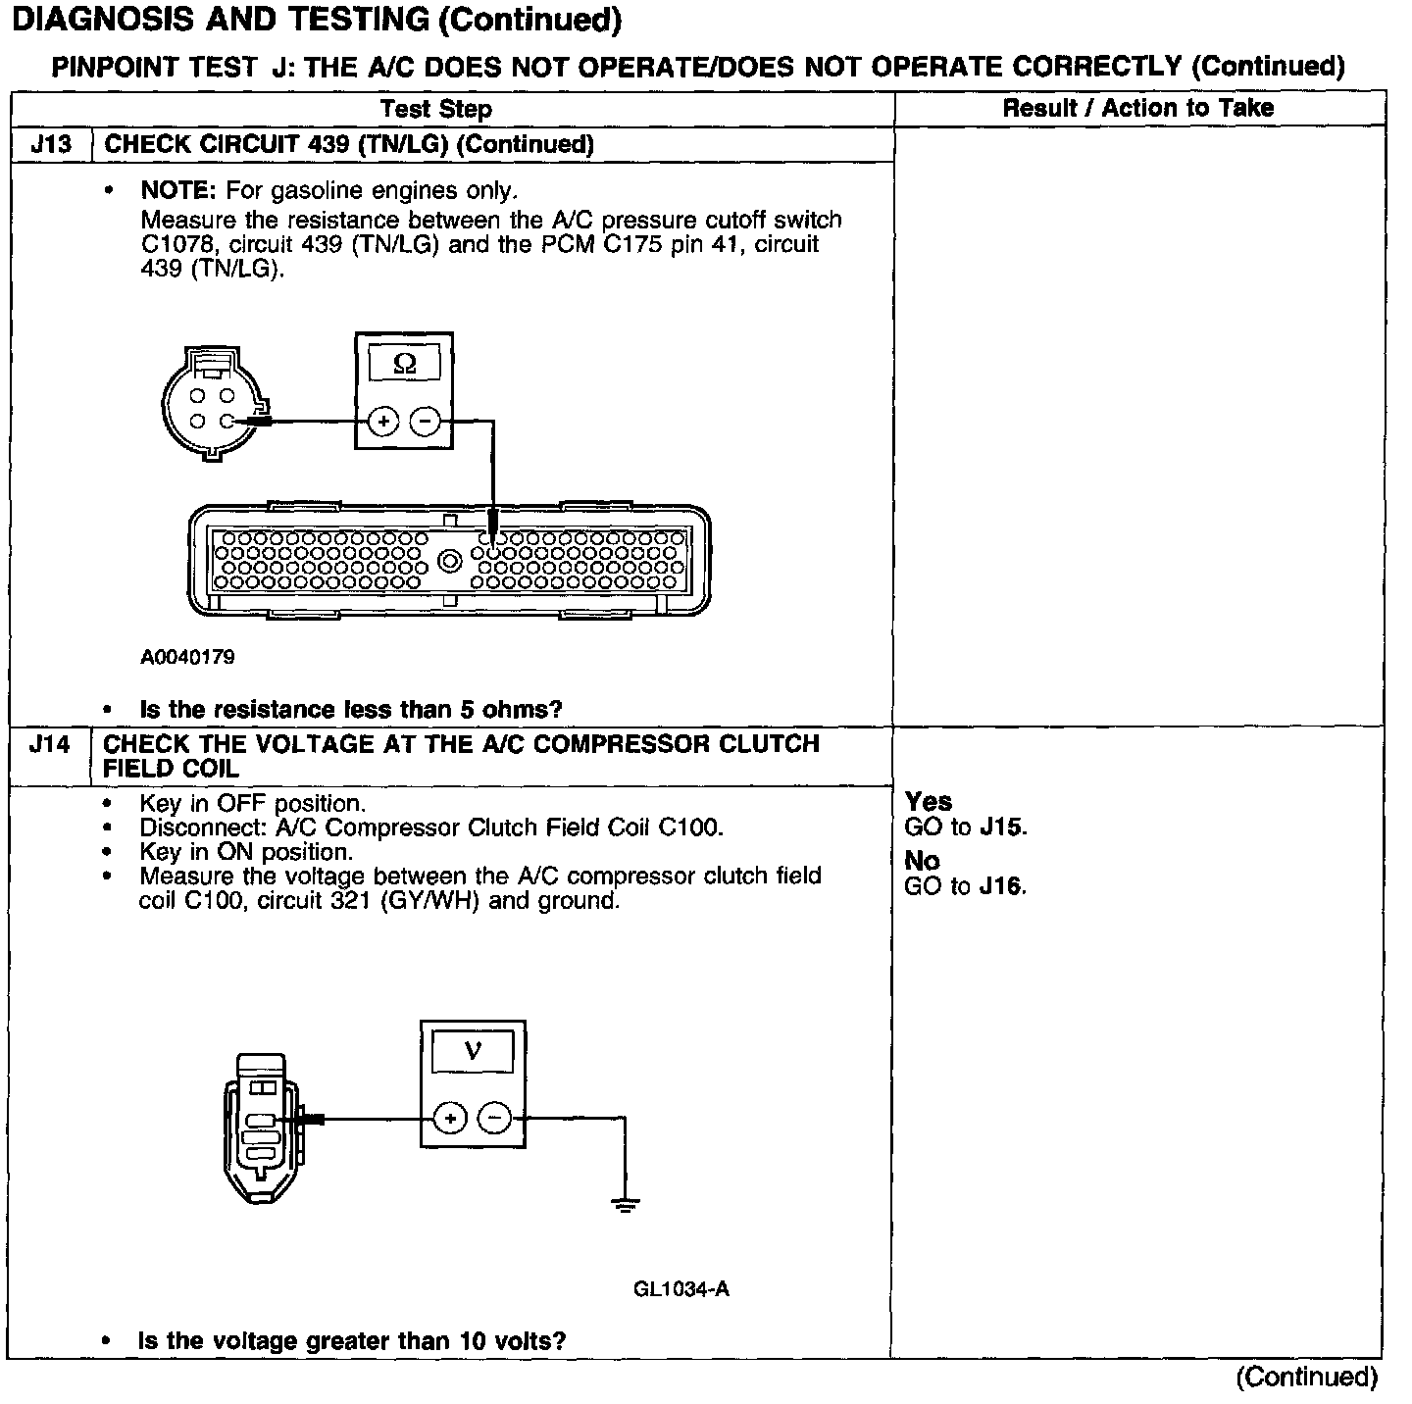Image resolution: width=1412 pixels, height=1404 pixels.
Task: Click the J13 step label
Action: tap(51, 145)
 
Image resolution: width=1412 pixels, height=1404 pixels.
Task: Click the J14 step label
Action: tap(50, 744)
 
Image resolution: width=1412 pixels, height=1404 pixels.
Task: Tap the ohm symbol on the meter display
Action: tap(404, 364)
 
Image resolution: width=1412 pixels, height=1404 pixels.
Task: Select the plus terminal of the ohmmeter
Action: tap(382, 422)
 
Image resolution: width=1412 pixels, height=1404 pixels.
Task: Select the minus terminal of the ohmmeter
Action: tap(425, 422)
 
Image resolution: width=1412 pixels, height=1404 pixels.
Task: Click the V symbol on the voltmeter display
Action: tap(473, 1052)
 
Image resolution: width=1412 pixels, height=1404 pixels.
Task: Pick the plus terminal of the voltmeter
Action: tap(450, 1117)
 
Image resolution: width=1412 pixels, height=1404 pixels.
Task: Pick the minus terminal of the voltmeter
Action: tap(494, 1117)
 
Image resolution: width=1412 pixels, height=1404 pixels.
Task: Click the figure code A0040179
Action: tap(187, 657)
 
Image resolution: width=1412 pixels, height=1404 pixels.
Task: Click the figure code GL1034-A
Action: tap(681, 1288)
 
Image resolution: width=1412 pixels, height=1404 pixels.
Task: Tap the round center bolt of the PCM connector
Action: tap(450, 562)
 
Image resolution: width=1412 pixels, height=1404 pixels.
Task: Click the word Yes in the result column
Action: tap(929, 802)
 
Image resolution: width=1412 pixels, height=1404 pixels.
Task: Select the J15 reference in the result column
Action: tap(1002, 827)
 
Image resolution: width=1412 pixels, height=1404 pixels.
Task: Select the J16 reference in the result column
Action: tap(1002, 886)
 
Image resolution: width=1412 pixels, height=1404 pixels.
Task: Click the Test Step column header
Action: tap(435, 109)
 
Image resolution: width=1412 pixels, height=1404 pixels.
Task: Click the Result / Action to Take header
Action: tap(1137, 108)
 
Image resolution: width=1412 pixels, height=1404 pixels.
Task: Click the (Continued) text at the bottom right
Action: tap(1306, 1377)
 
